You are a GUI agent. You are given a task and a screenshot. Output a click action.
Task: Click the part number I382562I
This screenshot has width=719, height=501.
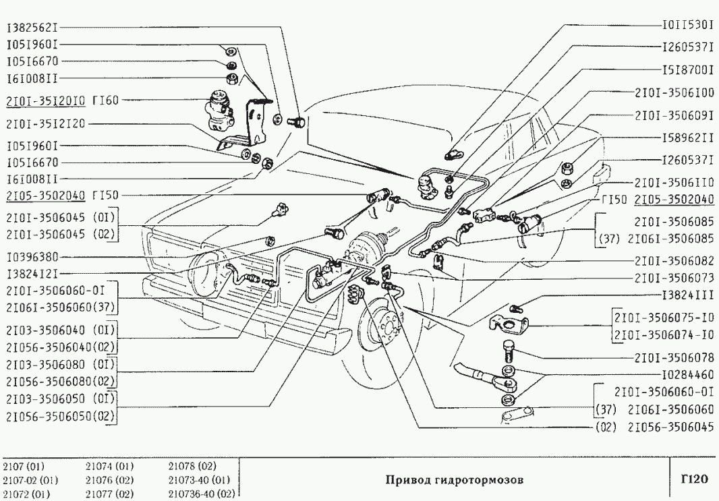click(x=32, y=28)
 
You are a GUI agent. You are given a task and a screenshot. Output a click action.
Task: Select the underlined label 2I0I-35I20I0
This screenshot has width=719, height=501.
click(x=45, y=101)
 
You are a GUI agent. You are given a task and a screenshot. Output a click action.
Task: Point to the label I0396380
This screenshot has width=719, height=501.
click(x=32, y=257)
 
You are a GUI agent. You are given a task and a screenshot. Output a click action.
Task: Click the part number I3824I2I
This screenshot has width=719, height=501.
click(x=32, y=274)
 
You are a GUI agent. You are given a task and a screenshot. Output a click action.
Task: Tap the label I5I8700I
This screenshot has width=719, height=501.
click(x=687, y=69)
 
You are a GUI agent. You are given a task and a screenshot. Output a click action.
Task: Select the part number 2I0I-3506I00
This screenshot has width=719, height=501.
click(x=674, y=92)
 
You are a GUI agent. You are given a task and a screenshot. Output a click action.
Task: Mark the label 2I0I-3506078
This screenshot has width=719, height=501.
click(x=674, y=357)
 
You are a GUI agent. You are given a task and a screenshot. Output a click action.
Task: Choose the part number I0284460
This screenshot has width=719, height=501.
click(x=687, y=373)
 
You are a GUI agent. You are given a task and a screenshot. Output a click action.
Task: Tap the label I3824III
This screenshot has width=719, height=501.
click(x=687, y=295)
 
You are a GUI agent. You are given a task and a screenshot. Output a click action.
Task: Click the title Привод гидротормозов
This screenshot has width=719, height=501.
click(x=455, y=480)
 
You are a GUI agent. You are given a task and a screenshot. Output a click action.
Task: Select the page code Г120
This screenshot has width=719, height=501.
click(x=693, y=479)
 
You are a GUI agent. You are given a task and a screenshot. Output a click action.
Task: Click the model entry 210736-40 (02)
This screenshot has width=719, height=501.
click(x=200, y=493)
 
